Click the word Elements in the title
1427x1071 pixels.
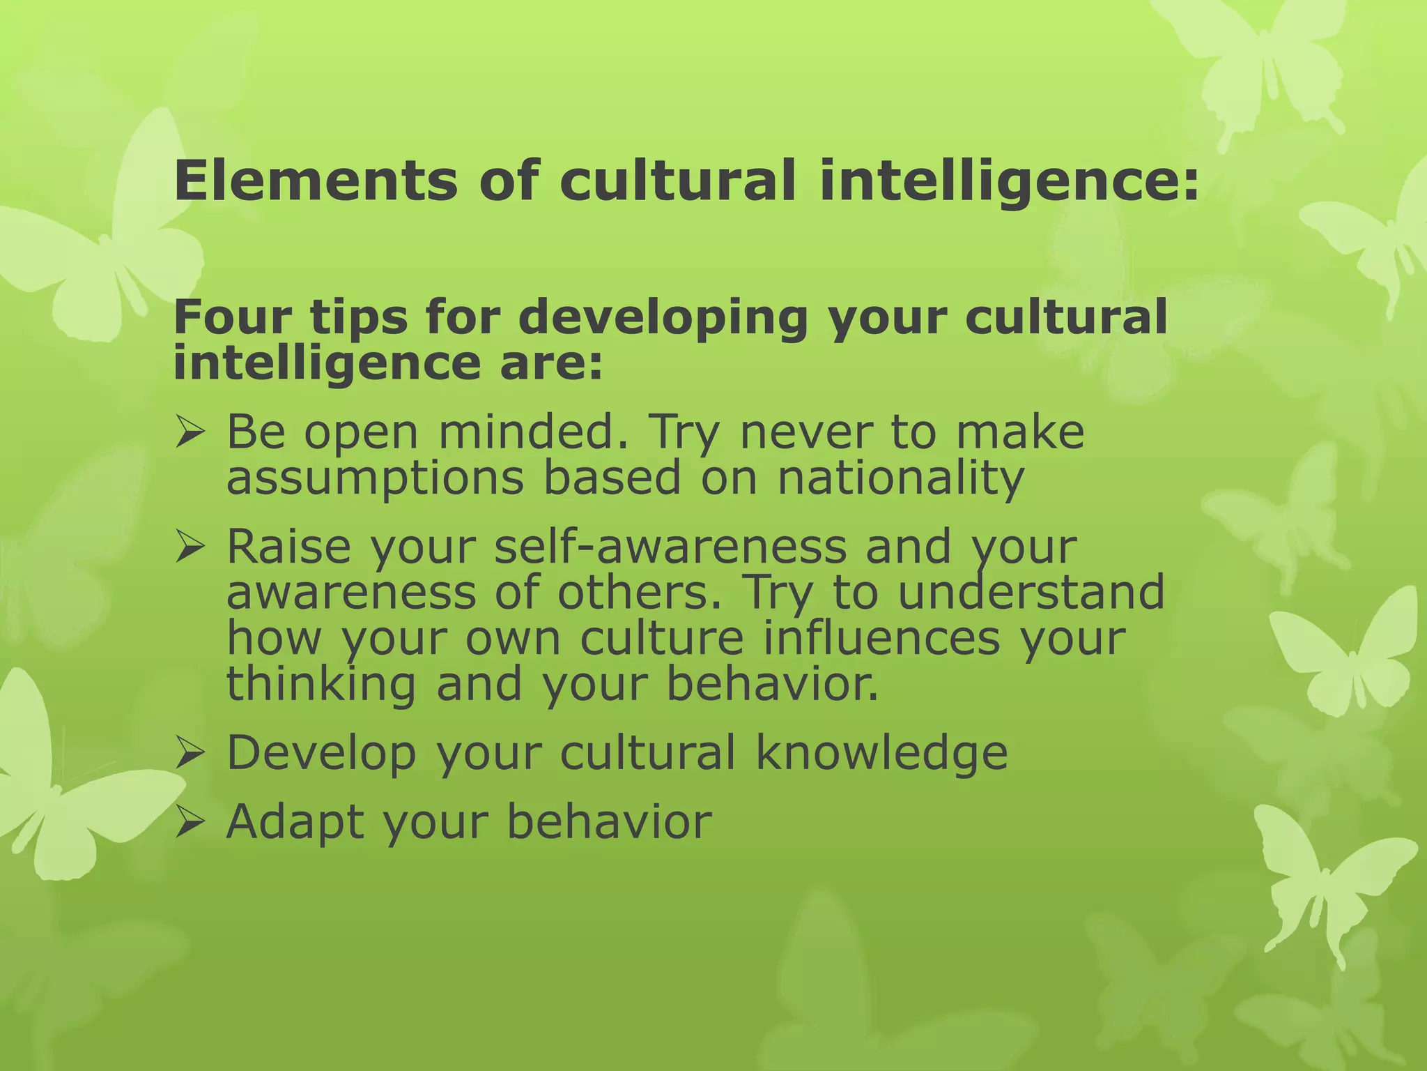315,181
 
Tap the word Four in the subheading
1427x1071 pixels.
233,317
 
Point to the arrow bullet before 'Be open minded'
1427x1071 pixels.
190,432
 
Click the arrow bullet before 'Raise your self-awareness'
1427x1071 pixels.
190,547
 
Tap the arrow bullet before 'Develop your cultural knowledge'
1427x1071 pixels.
190,754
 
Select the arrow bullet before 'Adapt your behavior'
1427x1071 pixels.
190,822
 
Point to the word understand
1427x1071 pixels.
1031,593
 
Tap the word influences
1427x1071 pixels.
881,638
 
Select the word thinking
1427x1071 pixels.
321,685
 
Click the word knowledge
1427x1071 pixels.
881,754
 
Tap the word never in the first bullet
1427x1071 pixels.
805,432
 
